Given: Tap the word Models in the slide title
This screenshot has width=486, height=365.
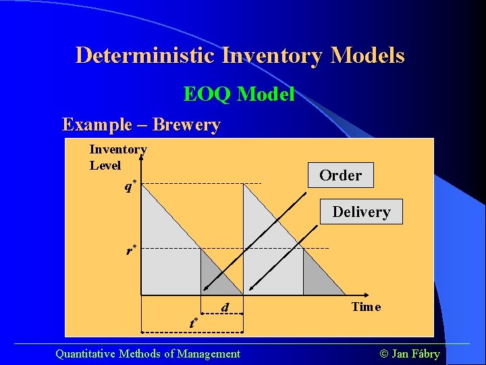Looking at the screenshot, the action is tap(367, 55).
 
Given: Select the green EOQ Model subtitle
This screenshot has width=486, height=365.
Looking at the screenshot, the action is tap(239, 95).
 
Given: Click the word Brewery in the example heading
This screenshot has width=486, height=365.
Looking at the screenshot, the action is tap(186, 125).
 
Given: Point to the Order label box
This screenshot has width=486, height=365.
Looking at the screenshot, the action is tap(340, 176).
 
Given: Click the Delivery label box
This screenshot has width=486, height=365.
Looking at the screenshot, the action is tap(361, 212).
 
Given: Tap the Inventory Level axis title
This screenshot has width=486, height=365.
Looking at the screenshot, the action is tap(117, 157).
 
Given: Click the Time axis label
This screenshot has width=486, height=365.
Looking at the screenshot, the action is tap(366, 307).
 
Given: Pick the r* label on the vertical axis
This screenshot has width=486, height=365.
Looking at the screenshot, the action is tap(132, 251).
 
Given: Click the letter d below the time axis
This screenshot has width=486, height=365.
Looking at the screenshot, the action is tap(225, 308).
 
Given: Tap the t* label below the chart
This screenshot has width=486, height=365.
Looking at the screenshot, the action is tap(194, 322).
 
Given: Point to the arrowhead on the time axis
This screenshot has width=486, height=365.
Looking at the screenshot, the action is tap(365, 295).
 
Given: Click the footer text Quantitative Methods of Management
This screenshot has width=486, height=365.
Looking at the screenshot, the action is tap(147, 354).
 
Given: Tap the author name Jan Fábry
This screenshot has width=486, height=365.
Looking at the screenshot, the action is tap(416, 354).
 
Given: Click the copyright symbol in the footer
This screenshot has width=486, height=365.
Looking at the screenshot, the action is tap(385, 354).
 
